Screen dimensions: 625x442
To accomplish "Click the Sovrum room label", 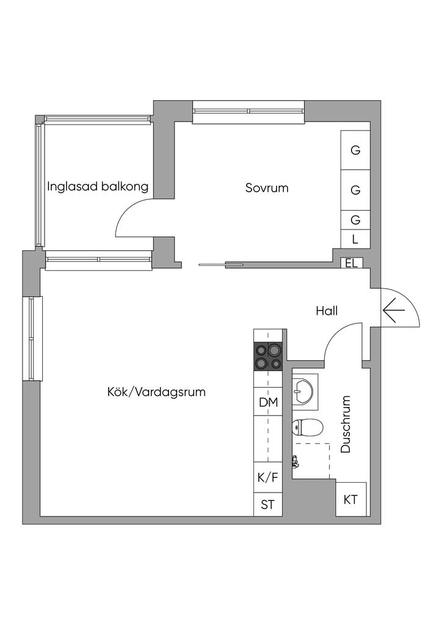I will coord(267,188).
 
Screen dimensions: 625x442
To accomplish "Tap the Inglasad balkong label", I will coord(98,186).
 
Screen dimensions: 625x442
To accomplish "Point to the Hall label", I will coord(327,311).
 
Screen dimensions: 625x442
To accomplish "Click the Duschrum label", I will coord(346,424).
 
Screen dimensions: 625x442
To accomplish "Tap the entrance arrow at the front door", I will coord(394,312).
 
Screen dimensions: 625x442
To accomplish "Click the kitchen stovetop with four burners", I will coord(269,356).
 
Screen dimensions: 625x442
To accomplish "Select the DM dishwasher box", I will coord(269,402).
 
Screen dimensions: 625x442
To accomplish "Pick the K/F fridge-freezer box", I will coord(269,478).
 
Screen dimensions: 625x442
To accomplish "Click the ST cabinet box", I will coord(269,504).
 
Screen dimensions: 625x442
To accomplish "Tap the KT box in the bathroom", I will coord(350,499).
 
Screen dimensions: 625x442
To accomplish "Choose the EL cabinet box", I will coord(351,263).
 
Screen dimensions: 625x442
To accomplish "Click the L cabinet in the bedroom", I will coord(355,239).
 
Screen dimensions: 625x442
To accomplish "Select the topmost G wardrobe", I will coord(355,150).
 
